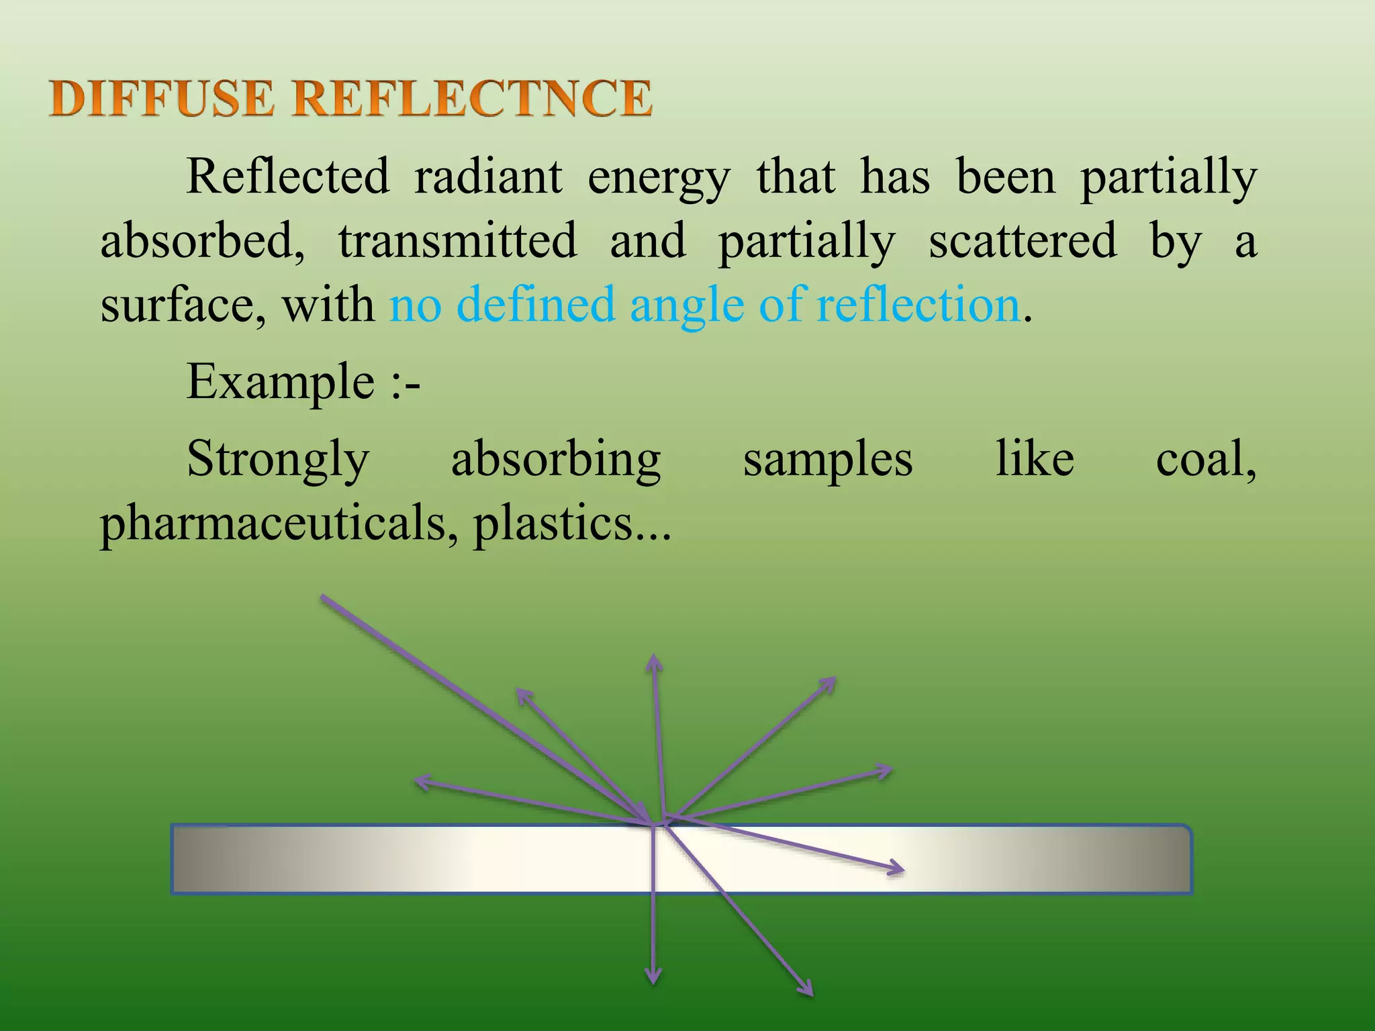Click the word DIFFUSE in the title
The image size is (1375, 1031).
tap(162, 98)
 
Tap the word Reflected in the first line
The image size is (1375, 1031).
tap(287, 176)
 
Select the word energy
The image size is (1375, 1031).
tap(659, 179)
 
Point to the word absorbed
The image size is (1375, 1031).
tap(202, 240)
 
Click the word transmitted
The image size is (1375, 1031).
tap(457, 240)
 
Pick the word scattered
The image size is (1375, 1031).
tap(1023, 240)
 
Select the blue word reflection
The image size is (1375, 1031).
tap(918, 304)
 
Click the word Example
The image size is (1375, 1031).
tap(280, 383)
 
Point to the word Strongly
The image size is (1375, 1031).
tap(278, 460)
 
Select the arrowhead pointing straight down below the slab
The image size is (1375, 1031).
tap(653, 977)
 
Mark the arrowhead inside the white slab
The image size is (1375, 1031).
tap(897, 869)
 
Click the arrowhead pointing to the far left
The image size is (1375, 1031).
tap(422, 781)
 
